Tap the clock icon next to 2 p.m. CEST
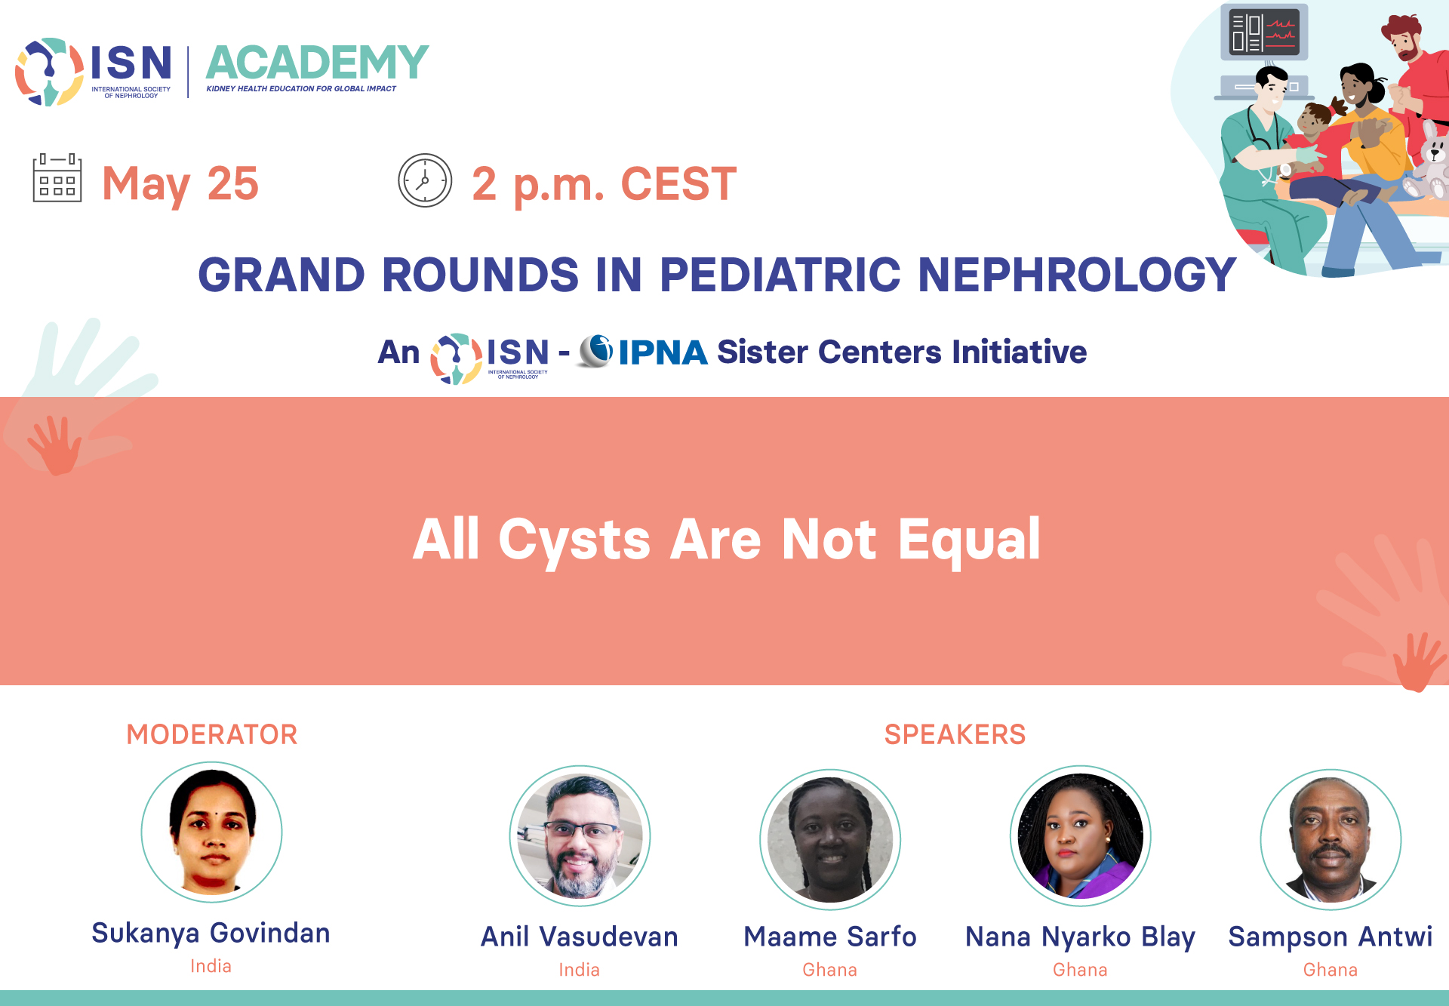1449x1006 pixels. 425,180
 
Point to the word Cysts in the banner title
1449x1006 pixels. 574,540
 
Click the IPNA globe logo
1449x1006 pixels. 596,351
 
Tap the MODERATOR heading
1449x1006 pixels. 212,734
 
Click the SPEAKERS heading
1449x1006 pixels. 955,734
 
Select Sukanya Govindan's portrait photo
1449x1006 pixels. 212,832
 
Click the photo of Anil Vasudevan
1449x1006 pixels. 580,836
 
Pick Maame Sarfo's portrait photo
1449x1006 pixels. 830,839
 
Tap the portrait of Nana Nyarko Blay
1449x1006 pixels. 1081,836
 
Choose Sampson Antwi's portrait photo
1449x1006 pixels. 1331,839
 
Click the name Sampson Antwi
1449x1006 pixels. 1331,937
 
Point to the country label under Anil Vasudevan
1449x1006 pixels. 580,970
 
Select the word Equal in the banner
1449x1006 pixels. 970,540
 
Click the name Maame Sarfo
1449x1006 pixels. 830,937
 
